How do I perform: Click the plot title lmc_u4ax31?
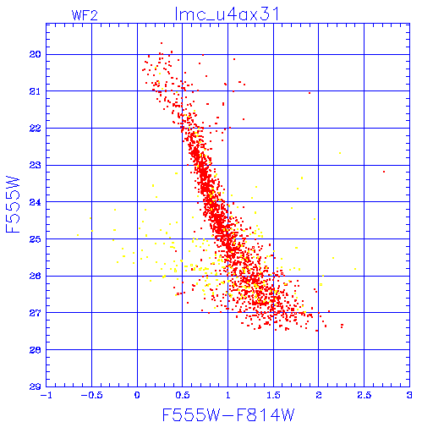coord(227,14)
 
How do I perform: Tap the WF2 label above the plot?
coord(85,15)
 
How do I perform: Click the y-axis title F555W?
coord(13,205)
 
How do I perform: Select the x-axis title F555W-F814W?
coord(228,415)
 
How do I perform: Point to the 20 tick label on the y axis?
coord(35,54)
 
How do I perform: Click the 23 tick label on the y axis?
coord(35,165)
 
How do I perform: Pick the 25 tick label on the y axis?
coord(35,239)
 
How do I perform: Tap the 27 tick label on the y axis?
coord(35,313)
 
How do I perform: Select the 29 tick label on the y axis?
coord(35,386)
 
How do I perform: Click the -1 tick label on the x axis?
coord(46,395)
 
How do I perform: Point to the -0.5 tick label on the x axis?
coord(91,395)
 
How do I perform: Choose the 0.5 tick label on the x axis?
coord(183,395)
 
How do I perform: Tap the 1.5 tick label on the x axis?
coord(273,395)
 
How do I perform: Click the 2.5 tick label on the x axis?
coord(364,395)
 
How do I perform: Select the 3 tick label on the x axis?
coord(409,395)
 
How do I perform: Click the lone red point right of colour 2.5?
coord(384,172)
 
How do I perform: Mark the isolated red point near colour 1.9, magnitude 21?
coord(310,93)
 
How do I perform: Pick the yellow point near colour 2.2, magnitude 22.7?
coord(340,153)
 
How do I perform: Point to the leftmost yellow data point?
coord(78,235)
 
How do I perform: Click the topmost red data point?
coord(162,43)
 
